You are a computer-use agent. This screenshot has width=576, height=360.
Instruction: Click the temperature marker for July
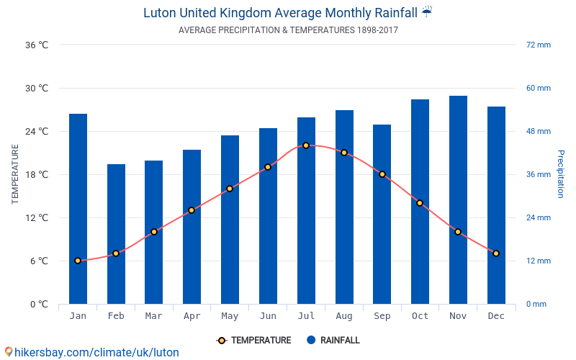(306, 145)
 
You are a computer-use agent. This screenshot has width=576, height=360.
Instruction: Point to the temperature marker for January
(78, 261)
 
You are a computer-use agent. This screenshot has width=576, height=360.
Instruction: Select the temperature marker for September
(382, 174)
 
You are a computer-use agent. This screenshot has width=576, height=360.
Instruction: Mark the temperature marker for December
(496, 253)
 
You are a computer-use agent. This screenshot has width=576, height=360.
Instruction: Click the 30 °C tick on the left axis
(37, 88)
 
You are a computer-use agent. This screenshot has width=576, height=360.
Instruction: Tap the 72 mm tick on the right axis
(538, 45)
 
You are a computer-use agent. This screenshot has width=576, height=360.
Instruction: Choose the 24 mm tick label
(538, 217)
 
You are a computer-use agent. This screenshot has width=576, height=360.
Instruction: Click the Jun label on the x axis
(268, 316)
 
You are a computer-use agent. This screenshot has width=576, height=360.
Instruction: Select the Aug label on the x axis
(344, 316)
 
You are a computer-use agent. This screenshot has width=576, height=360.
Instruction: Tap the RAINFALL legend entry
(333, 341)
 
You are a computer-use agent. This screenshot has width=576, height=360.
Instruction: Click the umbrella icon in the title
(427, 12)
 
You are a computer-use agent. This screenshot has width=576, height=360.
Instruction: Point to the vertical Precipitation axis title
(560, 174)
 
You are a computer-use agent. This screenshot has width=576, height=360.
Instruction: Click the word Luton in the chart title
(160, 13)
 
